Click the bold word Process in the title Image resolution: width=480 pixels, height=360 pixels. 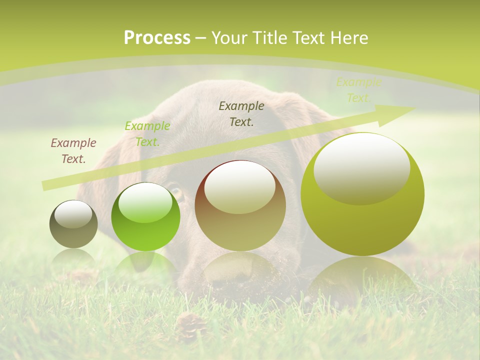[157, 38]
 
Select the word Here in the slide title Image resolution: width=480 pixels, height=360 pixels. [348, 38]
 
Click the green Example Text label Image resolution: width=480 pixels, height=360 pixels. [147, 134]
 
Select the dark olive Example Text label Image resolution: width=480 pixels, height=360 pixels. [241, 114]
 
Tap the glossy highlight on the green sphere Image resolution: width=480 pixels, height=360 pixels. [145, 202]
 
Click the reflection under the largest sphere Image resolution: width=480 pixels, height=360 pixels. [362, 280]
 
